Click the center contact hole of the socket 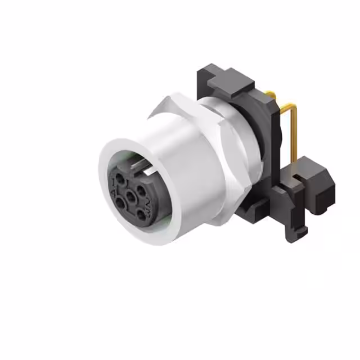pyautogui.click(x=130, y=196)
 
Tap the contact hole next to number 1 pyautogui.click(x=120, y=178)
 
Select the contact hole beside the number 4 pyautogui.click(x=120, y=203)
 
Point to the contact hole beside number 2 pyautogui.click(x=141, y=191)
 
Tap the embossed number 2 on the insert pyautogui.click(x=148, y=202)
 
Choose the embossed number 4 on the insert pyautogui.click(x=113, y=193)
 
